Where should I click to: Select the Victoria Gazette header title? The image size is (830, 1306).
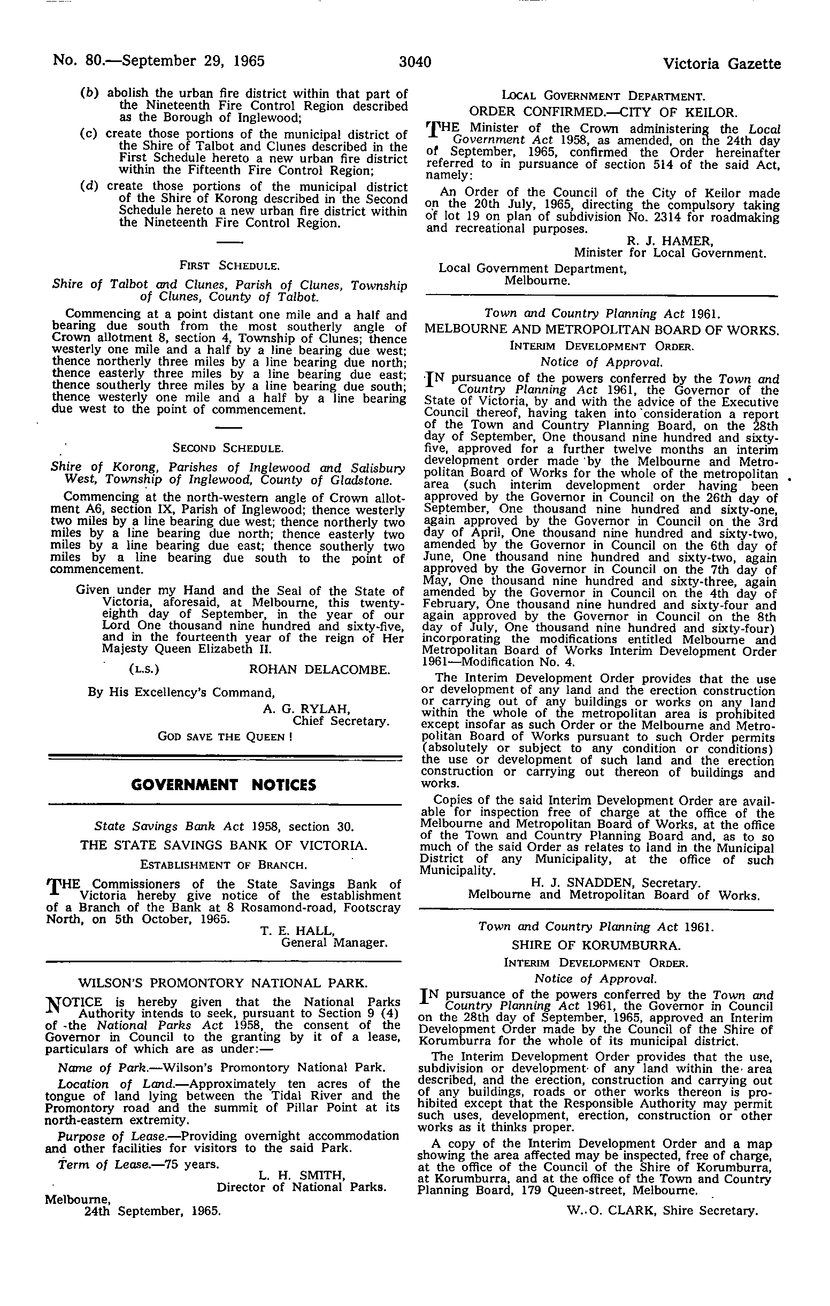pyautogui.click(x=721, y=64)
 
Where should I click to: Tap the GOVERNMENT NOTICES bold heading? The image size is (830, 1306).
pyautogui.click(x=225, y=785)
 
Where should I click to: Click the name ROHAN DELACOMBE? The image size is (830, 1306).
pyautogui.click(x=319, y=669)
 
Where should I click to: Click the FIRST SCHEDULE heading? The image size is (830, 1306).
pyautogui.click(x=229, y=266)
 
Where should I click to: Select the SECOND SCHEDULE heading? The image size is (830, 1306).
pyautogui.click(x=227, y=449)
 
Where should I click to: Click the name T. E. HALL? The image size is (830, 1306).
pyautogui.click(x=297, y=931)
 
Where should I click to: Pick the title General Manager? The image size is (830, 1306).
pyautogui.click(x=334, y=942)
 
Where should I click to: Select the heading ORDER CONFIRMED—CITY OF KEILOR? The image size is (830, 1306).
pyautogui.click(x=602, y=113)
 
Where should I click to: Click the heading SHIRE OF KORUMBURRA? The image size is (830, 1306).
pyautogui.click(x=596, y=945)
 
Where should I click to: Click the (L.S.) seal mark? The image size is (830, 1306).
pyautogui.click(x=144, y=669)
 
